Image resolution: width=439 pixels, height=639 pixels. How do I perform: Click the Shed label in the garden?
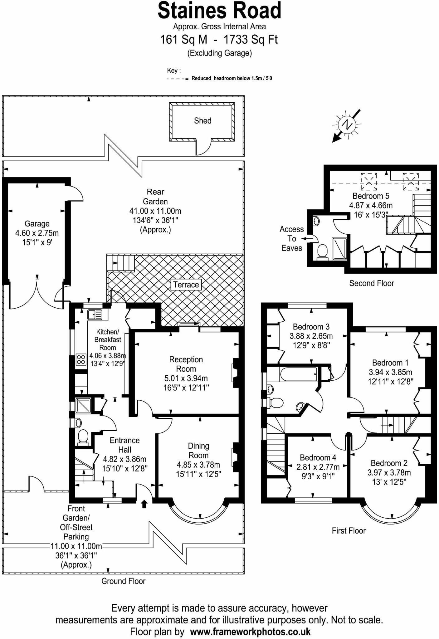(202, 121)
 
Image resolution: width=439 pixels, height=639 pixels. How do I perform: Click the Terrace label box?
(186, 285)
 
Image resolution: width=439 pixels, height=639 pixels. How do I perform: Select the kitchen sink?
(95, 315)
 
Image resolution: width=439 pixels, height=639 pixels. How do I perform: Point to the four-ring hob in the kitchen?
(81, 359)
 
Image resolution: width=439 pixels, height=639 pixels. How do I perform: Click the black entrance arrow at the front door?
(144, 504)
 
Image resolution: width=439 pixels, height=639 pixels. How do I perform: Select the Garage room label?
(37, 224)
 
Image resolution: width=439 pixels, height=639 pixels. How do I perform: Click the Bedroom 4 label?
(318, 457)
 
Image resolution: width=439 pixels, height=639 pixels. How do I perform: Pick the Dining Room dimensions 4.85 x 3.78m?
(198, 465)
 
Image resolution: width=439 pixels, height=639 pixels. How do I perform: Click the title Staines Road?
(219, 10)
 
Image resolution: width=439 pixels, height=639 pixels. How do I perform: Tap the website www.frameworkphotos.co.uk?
(250, 632)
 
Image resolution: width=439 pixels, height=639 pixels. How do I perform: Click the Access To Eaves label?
(291, 239)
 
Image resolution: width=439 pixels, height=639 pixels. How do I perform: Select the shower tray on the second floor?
(339, 248)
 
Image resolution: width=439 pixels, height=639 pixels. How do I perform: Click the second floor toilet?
(322, 251)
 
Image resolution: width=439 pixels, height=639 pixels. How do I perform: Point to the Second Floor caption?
(372, 283)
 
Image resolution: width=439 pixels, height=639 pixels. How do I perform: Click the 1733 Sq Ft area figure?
(251, 40)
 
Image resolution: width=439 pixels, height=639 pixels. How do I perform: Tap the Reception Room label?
(186, 364)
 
